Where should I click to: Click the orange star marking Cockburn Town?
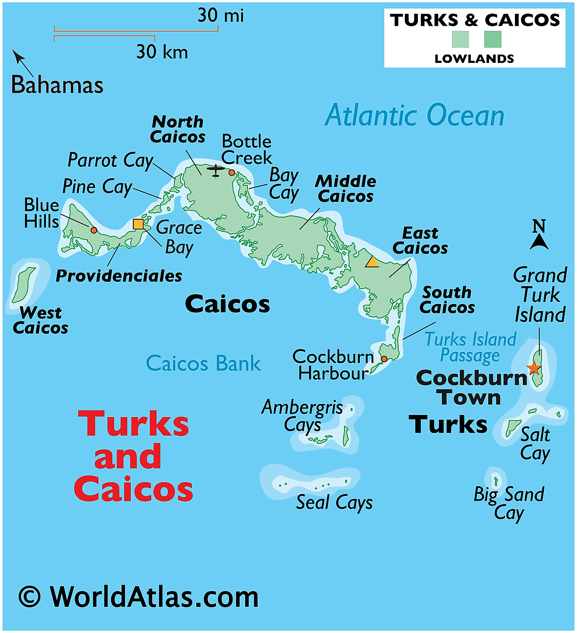tap(534, 368)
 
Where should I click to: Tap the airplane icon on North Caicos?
tap(216, 170)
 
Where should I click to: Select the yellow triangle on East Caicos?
tap(372, 262)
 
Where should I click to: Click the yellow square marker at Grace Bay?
tap(138, 224)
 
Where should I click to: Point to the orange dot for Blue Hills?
tap(94, 230)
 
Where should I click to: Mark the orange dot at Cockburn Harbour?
tap(384, 359)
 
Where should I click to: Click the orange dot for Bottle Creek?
tap(232, 173)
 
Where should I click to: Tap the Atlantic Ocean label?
tap(414, 115)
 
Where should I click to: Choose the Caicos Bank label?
tap(203, 363)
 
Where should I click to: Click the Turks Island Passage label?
tap(470, 347)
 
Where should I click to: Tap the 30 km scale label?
tap(162, 52)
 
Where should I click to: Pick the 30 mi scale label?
tap(221, 16)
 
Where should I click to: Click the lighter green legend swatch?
tap(460, 39)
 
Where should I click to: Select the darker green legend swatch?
tap(493, 39)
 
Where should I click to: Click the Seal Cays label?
tap(334, 503)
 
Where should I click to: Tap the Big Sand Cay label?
tap(509, 503)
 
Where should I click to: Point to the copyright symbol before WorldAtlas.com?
tap(30, 597)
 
